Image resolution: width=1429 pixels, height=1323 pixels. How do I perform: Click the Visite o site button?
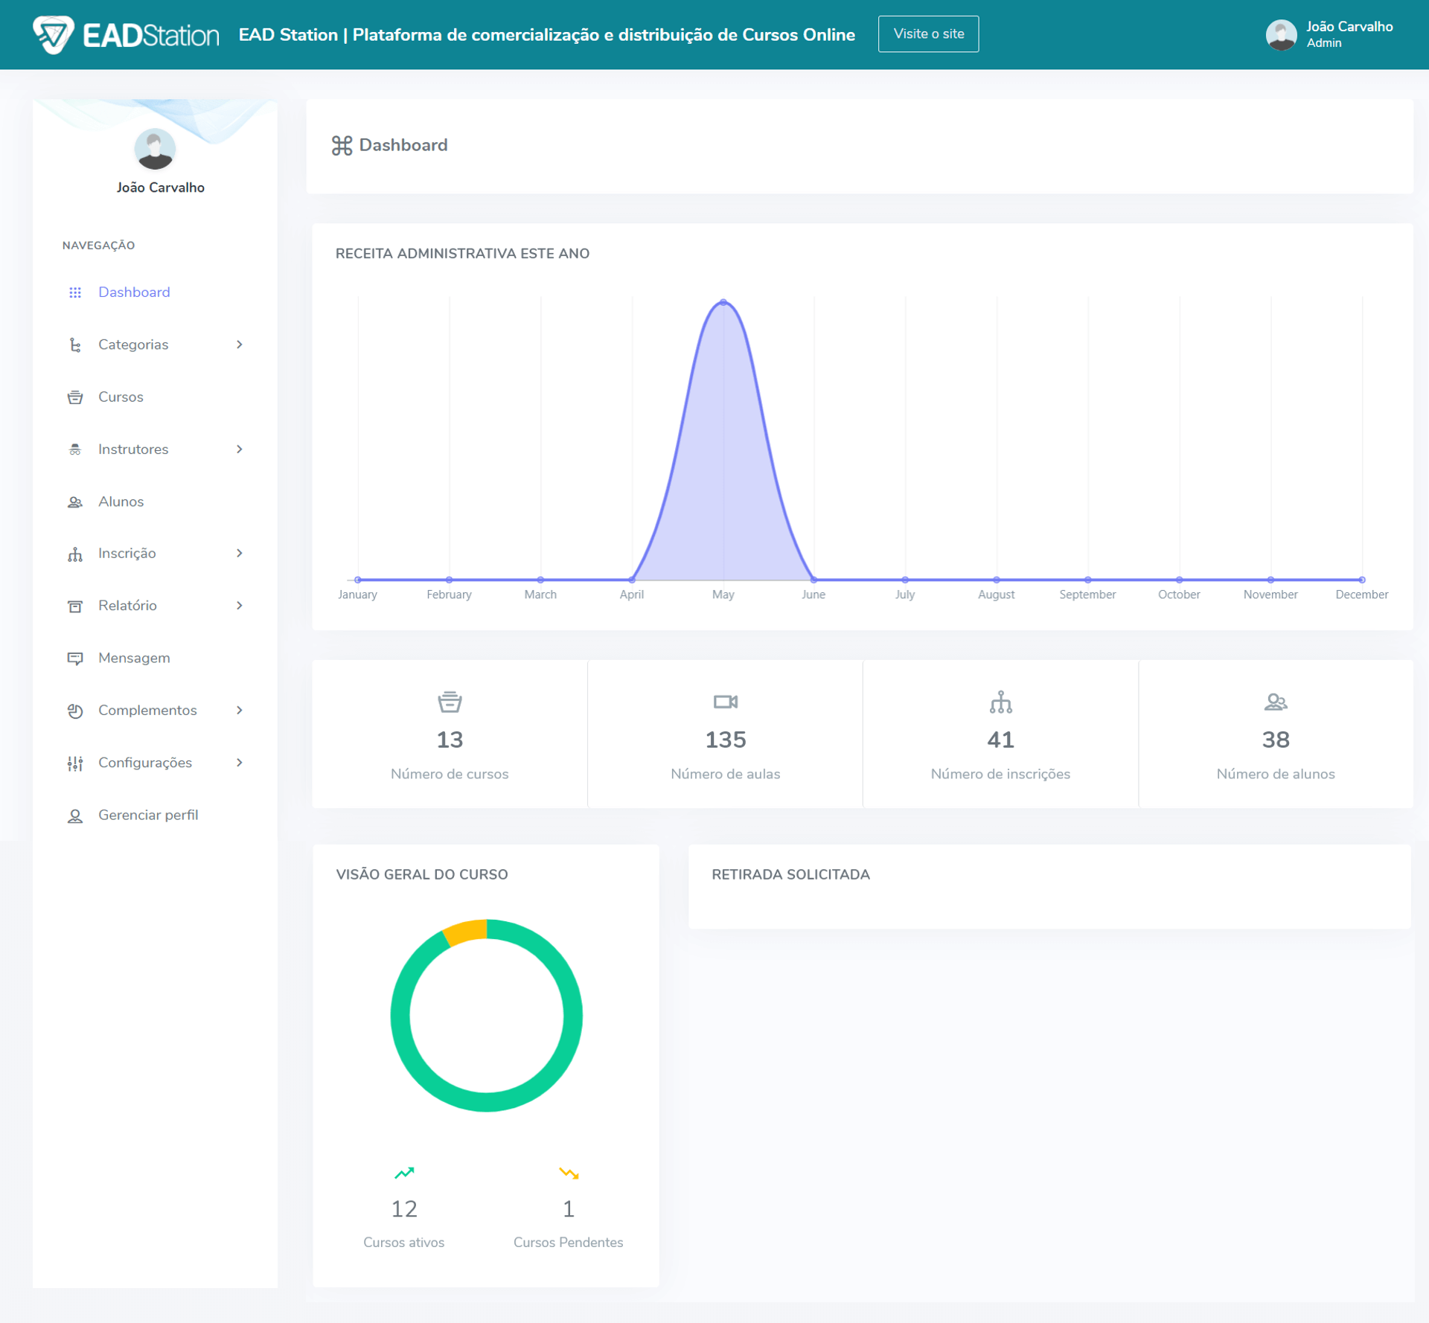[x=928, y=34]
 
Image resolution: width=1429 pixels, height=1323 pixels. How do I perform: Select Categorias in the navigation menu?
[x=133, y=345]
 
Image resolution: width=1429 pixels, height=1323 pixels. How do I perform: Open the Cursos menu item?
[x=121, y=397]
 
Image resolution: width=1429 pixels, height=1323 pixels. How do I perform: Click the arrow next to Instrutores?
[x=239, y=449]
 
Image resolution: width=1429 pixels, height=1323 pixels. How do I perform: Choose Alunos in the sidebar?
[x=121, y=502]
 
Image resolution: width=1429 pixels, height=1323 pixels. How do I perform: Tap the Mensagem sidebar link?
[x=134, y=658]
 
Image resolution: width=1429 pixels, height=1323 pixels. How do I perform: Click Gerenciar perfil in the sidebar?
[x=147, y=815]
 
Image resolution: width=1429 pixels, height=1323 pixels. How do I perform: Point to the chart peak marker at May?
[x=723, y=302]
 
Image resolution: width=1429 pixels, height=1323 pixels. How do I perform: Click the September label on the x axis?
[x=1087, y=595]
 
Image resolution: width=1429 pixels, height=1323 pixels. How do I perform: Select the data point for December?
[x=1361, y=580]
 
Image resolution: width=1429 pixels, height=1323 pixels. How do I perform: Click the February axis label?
[x=449, y=595]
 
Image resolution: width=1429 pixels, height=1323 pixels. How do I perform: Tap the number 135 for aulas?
[x=725, y=740]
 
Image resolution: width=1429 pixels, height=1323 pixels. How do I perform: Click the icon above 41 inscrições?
[x=1000, y=702]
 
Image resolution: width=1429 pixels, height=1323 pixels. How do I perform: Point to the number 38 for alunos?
[x=1276, y=740]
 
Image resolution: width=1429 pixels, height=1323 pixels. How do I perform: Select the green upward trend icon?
[x=404, y=1173]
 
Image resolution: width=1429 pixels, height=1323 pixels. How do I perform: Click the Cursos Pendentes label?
[x=568, y=1242]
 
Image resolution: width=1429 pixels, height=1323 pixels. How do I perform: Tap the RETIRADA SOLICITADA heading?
[x=790, y=874]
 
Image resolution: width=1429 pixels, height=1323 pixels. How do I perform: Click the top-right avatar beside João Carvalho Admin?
[x=1281, y=34]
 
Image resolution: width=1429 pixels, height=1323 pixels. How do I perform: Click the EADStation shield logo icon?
[x=54, y=34]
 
